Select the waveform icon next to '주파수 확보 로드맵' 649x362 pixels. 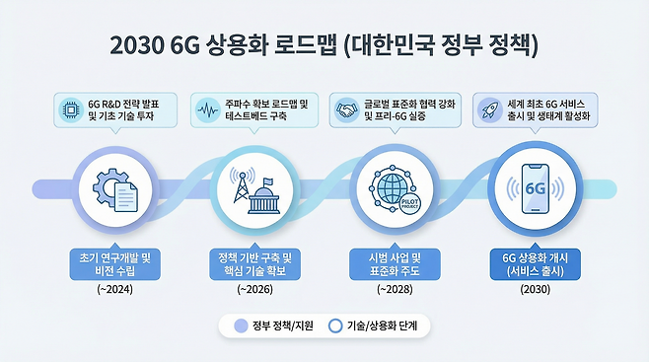pyautogui.click(x=207, y=108)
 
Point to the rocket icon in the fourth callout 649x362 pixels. pyautogui.click(x=488, y=108)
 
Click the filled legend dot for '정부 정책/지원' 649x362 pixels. pyautogui.click(x=240, y=326)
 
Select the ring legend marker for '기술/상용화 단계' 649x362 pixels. pyautogui.click(x=335, y=326)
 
